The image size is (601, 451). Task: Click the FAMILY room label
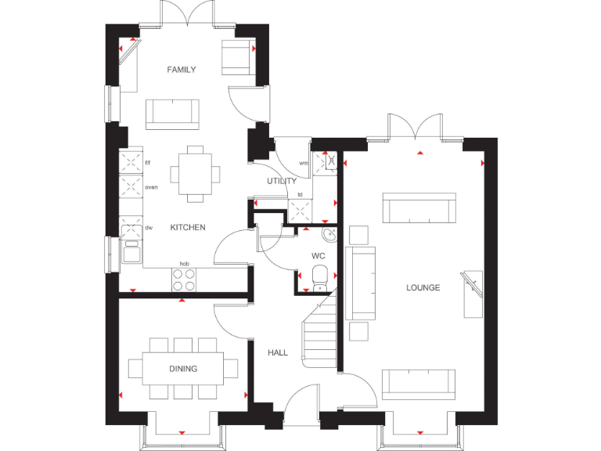coord(182,70)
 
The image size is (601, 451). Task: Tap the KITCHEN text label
coord(188,227)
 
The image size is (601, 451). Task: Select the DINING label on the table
coord(183,368)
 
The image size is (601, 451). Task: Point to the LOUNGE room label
coord(423,287)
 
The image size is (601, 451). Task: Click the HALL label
coord(277,353)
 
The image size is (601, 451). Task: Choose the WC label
coord(318,256)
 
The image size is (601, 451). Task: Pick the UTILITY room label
coord(282,181)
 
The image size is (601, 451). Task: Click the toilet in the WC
coord(319,278)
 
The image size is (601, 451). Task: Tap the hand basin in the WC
coord(329,234)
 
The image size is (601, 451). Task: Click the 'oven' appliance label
coord(152,187)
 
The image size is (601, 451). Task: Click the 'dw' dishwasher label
coord(149,228)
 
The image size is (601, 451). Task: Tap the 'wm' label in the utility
coord(304,163)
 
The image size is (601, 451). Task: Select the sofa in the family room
coord(171,114)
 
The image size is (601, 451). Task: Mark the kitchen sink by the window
coord(131,251)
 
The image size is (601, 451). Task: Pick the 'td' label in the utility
coord(300,194)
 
